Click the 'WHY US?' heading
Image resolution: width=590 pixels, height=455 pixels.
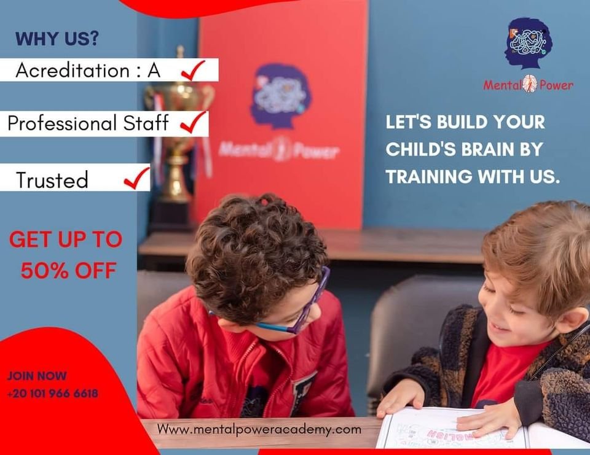[x=57, y=38]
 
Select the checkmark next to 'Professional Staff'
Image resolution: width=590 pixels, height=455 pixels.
[x=194, y=122]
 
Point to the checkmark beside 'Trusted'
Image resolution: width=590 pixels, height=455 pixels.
[x=136, y=178]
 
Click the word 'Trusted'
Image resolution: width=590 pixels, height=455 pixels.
[x=52, y=180]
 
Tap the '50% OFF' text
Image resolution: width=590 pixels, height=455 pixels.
[x=68, y=270]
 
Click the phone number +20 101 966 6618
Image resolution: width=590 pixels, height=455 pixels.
[x=53, y=394]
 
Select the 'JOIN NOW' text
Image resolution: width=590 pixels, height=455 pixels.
[x=37, y=376]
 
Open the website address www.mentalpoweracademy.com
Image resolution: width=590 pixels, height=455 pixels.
[x=259, y=429]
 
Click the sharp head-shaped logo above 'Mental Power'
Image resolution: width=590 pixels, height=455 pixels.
[x=529, y=43]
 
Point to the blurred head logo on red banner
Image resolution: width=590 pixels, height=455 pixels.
[x=280, y=96]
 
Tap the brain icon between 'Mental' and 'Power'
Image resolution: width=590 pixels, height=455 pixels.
[x=530, y=84]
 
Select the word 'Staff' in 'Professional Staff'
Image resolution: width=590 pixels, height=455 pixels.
[x=146, y=123]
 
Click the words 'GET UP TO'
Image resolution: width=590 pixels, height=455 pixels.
[x=66, y=239]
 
